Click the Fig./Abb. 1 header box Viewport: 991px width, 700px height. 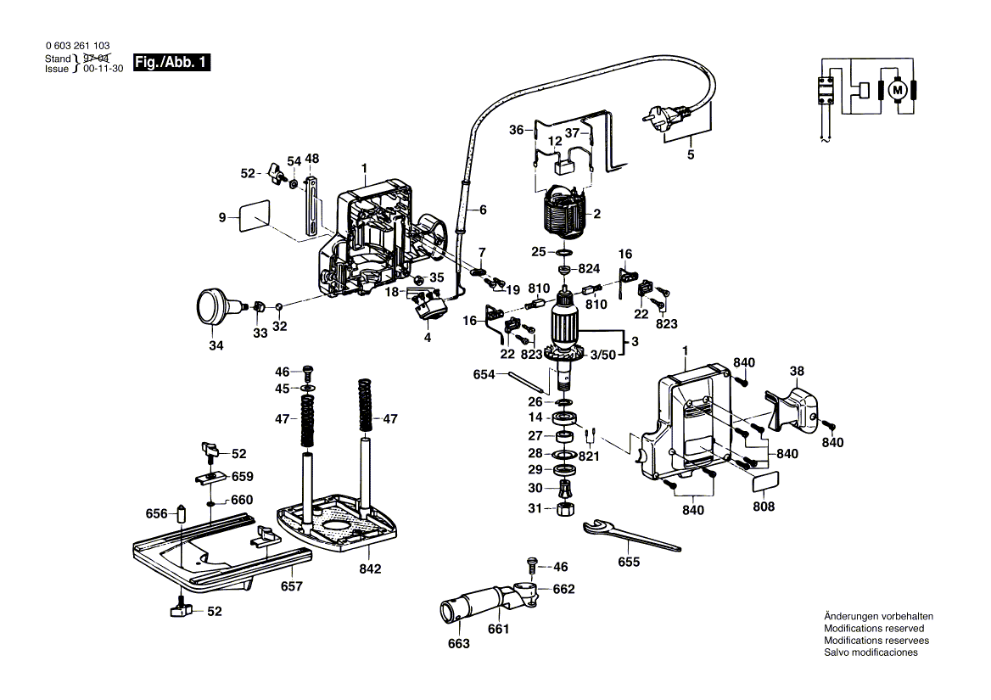click(172, 63)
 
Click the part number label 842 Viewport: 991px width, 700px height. click(370, 568)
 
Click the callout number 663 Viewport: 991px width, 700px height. click(458, 644)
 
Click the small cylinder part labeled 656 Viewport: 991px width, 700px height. click(181, 514)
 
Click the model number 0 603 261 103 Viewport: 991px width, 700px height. click(76, 46)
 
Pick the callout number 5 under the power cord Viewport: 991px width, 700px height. click(690, 154)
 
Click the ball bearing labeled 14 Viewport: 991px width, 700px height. click(563, 417)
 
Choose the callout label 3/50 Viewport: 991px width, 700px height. click(603, 355)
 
